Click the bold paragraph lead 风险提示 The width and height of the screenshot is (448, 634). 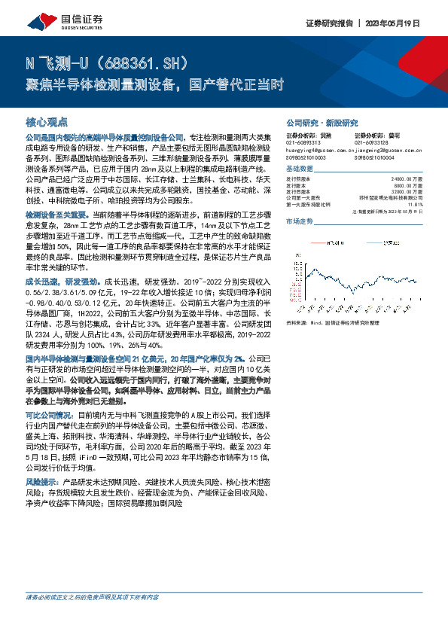point(44,480)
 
